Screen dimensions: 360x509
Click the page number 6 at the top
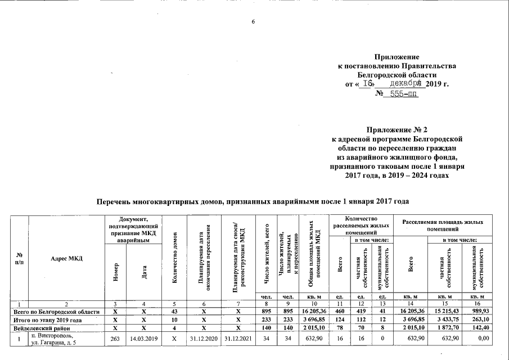point(253,22)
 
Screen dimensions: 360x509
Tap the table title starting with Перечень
point(253,201)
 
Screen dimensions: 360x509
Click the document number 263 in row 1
point(115,337)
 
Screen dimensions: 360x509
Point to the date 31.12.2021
point(237,337)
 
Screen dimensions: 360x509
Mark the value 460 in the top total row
point(340,312)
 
